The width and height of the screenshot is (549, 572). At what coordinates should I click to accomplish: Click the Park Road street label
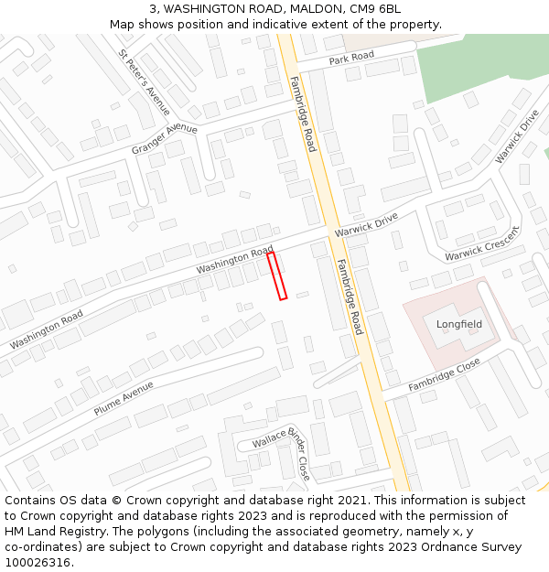point(352,57)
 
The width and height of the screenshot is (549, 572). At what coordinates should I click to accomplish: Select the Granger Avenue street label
point(165,138)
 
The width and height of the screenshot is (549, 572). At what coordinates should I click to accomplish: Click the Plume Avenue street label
point(124,399)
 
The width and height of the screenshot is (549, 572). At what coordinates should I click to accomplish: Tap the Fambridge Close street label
point(444,375)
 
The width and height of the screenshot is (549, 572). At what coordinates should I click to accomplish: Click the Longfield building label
point(458,324)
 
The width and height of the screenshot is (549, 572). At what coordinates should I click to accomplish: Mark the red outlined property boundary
point(277,275)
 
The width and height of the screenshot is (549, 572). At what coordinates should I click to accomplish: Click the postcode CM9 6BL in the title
point(378,8)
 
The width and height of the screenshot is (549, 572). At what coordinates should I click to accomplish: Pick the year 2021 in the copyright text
point(351,501)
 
